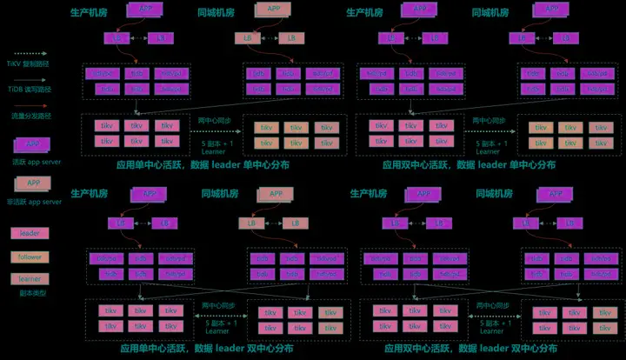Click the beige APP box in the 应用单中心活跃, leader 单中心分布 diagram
coord(273,10)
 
